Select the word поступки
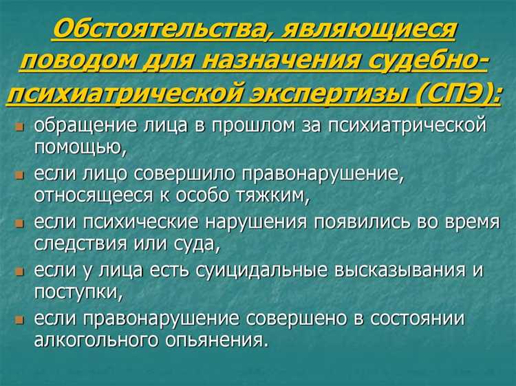point(76,291)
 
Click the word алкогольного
point(89,340)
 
